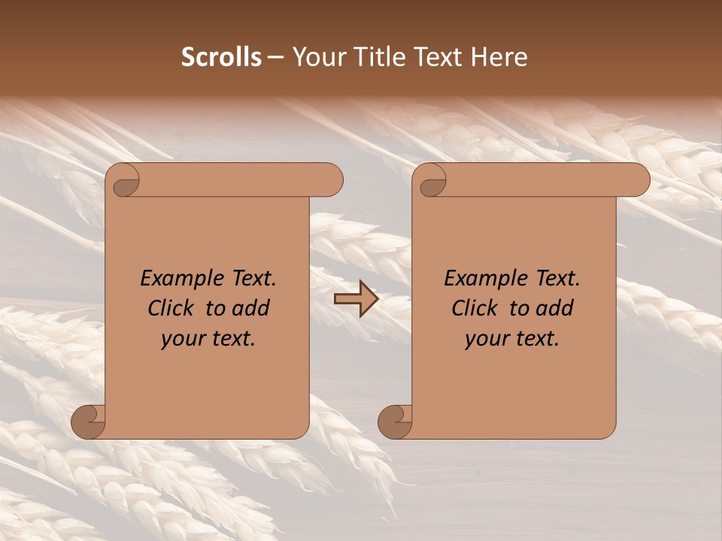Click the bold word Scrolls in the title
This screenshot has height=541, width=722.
pyautogui.click(x=221, y=57)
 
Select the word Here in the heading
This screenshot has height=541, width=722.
pyautogui.click(x=499, y=57)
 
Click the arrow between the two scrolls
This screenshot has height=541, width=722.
pyautogui.click(x=356, y=299)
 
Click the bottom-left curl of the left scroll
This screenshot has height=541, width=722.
pyautogui.click(x=88, y=421)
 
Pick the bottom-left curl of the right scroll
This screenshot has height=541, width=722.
pyautogui.click(x=395, y=421)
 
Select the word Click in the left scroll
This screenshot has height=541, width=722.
pyautogui.click(x=171, y=308)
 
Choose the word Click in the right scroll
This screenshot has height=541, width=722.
pyautogui.click(x=475, y=308)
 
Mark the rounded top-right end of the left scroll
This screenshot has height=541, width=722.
pyautogui.click(x=331, y=180)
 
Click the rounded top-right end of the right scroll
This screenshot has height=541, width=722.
pyautogui.click(x=638, y=180)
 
